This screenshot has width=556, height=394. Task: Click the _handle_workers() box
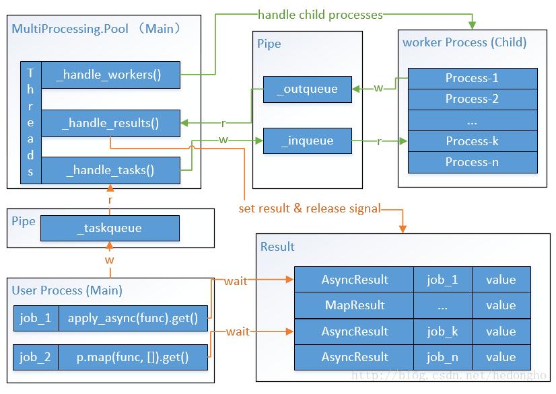[x=110, y=75]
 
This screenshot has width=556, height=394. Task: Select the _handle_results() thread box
[x=110, y=123]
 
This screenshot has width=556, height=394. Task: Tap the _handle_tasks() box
[x=110, y=170]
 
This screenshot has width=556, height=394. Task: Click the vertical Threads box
[x=30, y=122]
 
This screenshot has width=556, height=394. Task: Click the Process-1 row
[x=472, y=78]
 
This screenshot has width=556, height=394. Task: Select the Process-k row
[x=472, y=141]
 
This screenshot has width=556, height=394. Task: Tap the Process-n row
[x=472, y=162]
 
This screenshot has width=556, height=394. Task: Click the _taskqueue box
[x=110, y=228]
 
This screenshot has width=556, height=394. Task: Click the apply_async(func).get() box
[x=133, y=319]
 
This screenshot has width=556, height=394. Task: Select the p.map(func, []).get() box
[x=133, y=358]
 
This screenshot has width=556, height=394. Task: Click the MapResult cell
[x=354, y=305]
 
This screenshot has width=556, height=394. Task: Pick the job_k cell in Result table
[x=442, y=331]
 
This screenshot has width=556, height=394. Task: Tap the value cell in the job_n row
[x=500, y=357]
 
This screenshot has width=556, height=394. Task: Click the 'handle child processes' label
[x=320, y=14]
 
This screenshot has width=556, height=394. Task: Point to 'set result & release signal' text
[x=310, y=208]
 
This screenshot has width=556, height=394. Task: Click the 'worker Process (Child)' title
[x=464, y=42]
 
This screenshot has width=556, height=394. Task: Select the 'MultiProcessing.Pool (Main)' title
[x=97, y=29]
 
